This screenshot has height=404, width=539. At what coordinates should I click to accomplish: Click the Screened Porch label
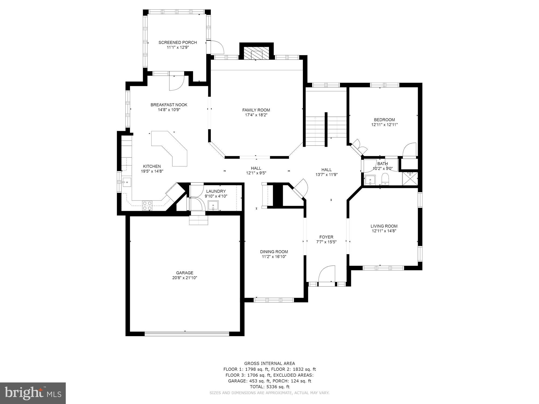(178, 43)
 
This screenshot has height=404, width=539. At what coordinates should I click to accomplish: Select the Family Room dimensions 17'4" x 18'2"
(256, 115)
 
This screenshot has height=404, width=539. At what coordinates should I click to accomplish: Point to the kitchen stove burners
(147, 206)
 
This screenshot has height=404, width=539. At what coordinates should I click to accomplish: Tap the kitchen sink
(127, 182)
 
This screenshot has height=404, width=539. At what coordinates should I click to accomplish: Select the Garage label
(185, 273)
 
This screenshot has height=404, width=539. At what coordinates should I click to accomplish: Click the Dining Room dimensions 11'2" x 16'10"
(274, 257)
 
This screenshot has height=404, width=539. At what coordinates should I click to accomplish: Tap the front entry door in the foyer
(327, 275)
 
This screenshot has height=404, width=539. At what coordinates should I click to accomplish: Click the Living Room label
(384, 226)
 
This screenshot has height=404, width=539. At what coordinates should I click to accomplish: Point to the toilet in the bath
(385, 179)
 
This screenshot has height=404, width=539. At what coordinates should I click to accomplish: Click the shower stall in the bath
(410, 179)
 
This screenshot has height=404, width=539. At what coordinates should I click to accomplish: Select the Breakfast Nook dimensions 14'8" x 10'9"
(169, 110)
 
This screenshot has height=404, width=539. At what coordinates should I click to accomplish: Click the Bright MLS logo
(33, 393)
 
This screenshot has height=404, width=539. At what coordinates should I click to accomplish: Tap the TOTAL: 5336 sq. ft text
(269, 387)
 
